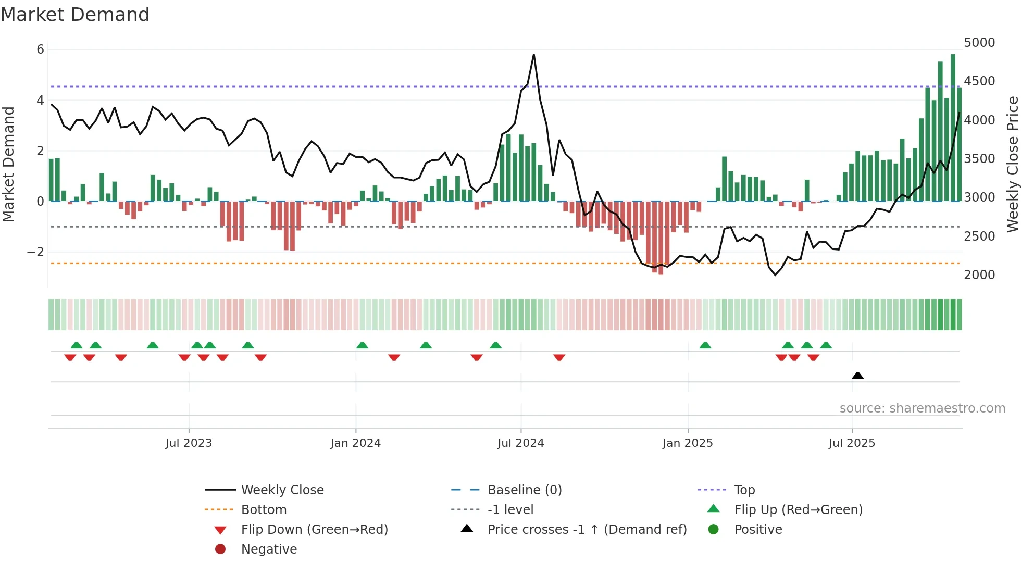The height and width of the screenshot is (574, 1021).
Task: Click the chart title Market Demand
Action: coord(75,15)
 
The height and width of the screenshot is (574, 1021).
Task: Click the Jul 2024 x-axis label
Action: coord(520,443)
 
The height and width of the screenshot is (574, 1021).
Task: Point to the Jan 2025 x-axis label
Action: coord(688,443)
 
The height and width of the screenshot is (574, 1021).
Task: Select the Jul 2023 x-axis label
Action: coord(189,443)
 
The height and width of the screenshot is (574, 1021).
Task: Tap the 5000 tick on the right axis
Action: coord(979,43)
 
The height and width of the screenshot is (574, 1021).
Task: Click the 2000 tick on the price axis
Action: coord(979,275)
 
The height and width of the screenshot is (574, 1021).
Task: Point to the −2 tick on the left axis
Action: coord(35,252)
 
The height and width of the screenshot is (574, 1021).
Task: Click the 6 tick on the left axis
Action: coord(40,49)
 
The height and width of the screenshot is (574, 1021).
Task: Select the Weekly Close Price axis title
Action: coord(1012,164)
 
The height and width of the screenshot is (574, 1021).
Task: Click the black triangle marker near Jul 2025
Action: coord(857,376)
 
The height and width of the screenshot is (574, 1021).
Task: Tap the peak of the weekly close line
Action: coord(533,55)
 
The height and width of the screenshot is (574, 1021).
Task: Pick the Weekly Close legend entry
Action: coord(282,490)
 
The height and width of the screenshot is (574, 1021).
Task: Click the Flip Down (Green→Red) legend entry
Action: coord(314,530)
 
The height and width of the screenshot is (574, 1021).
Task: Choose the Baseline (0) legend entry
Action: coord(524,490)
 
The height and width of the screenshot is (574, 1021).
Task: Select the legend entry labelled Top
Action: coord(744,490)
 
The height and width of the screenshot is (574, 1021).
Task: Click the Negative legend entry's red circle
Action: coord(220,550)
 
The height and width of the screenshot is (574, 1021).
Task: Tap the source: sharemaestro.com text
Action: coord(922,408)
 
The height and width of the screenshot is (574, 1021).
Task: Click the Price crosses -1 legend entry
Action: coord(587,530)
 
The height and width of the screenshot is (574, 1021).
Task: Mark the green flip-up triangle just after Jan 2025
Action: coord(705,345)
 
